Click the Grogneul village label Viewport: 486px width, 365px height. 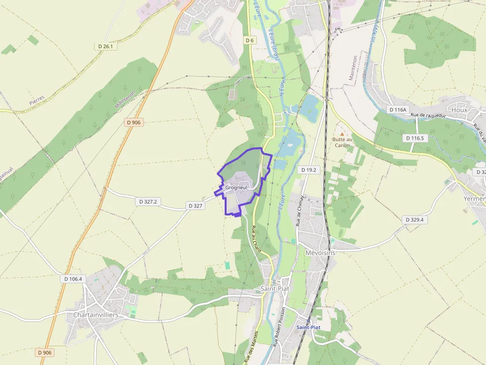pos(236,188)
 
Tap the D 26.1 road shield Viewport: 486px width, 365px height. pos(106,46)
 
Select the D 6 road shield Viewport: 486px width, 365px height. pos(249,40)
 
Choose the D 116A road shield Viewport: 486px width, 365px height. pos(398,109)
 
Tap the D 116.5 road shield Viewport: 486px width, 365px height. pos(415,138)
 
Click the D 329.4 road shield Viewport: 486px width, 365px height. pos(415,219)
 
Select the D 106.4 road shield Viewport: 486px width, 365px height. pos(73,279)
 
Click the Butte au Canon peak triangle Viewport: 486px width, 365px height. pos(342,134)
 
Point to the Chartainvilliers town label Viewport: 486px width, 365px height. pos(95,314)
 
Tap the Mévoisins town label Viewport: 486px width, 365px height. pos(320,253)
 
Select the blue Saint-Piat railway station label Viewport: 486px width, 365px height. pos(308,327)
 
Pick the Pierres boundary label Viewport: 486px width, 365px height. pos(37,100)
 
